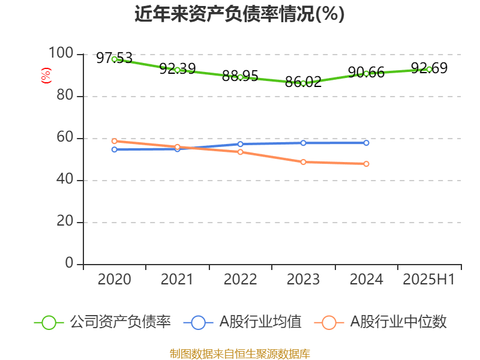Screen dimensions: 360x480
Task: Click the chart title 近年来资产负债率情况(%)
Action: pyautogui.click(x=239, y=14)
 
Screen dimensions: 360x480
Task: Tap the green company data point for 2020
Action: pyautogui.click(x=115, y=59)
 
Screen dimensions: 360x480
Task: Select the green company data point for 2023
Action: pyautogui.click(x=304, y=83)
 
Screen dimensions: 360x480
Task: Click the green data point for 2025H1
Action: pyautogui.click(x=429, y=69)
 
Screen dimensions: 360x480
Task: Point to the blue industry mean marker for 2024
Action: pyautogui.click(x=367, y=143)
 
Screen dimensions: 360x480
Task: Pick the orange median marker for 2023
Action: pyautogui.click(x=304, y=162)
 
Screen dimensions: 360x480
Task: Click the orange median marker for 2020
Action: pyautogui.click(x=115, y=141)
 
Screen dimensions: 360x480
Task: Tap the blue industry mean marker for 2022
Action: pyautogui.click(x=241, y=144)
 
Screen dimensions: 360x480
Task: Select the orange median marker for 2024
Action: pyautogui.click(x=367, y=164)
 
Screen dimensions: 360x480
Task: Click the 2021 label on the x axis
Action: pyautogui.click(x=178, y=280)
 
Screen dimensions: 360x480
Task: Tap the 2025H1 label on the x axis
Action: pyautogui.click(x=429, y=280)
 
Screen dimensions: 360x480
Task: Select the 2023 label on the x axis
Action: pyautogui.click(x=304, y=280)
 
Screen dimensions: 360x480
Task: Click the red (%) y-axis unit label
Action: pyautogui.click(x=46, y=76)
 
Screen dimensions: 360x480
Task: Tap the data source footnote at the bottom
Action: pyautogui.click(x=239, y=353)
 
